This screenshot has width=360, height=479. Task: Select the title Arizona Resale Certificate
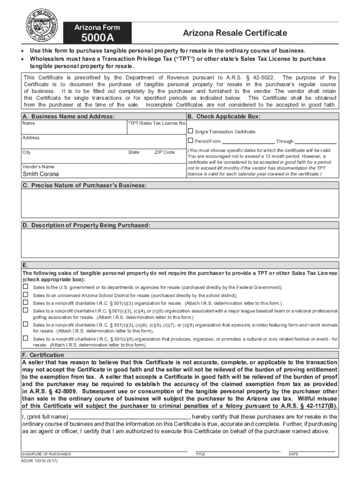pyautogui.click(x=235, y=33)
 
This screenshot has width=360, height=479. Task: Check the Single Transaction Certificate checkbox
pyautogui.click(x=190, y=131)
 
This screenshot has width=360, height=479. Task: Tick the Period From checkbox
pyautogui.click(x=190, y=141)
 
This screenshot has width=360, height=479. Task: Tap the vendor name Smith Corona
pyautogui.click(x=41, y=174)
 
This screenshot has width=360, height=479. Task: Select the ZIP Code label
pyautogui.click(x=165, y=152)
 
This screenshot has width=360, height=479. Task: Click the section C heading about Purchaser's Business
pyautogui.click(x=85, y=186)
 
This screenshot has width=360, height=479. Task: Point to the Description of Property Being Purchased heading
pyautogui.click(x=86, y=225)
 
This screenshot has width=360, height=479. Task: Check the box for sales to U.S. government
pyautogui.click(x=25, y=287)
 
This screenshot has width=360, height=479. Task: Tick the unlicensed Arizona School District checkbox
pyautogui.click(x=25, y=295)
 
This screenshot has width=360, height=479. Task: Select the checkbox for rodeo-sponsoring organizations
pyautogui.click(x=25, y=324)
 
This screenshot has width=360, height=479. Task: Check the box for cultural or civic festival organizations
pyautogui.click(x=25, y=338)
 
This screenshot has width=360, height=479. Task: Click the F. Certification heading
pyautogui.click(x=43, y=355)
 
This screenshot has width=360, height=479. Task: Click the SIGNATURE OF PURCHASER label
pyautogui.click(x=46, y=454)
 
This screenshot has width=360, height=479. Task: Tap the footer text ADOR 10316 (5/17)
pyautogui.click(x=40, y=461)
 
